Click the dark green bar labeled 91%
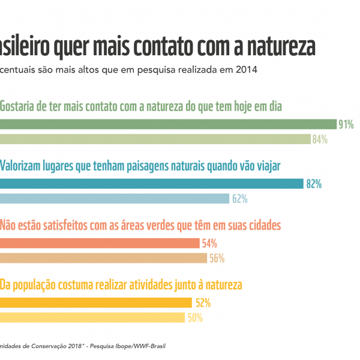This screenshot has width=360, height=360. pos(168,124)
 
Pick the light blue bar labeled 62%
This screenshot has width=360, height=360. pos(115,199)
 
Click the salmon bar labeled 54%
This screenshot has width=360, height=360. pos(100,243)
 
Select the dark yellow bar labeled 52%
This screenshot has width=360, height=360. pos(96,302)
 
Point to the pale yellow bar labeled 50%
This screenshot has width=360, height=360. pos(92,317)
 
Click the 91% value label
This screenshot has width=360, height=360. pos(346,125)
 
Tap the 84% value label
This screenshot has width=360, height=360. pos(319,140)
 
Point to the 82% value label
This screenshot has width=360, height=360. pos(314,184)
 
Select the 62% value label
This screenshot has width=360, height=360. pos(240,199)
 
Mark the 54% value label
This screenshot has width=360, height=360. pos(209,244)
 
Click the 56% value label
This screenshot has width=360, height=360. pos(217,259)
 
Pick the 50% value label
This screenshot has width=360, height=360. pos(195,318)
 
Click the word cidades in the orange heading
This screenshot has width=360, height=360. pos(260,225)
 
